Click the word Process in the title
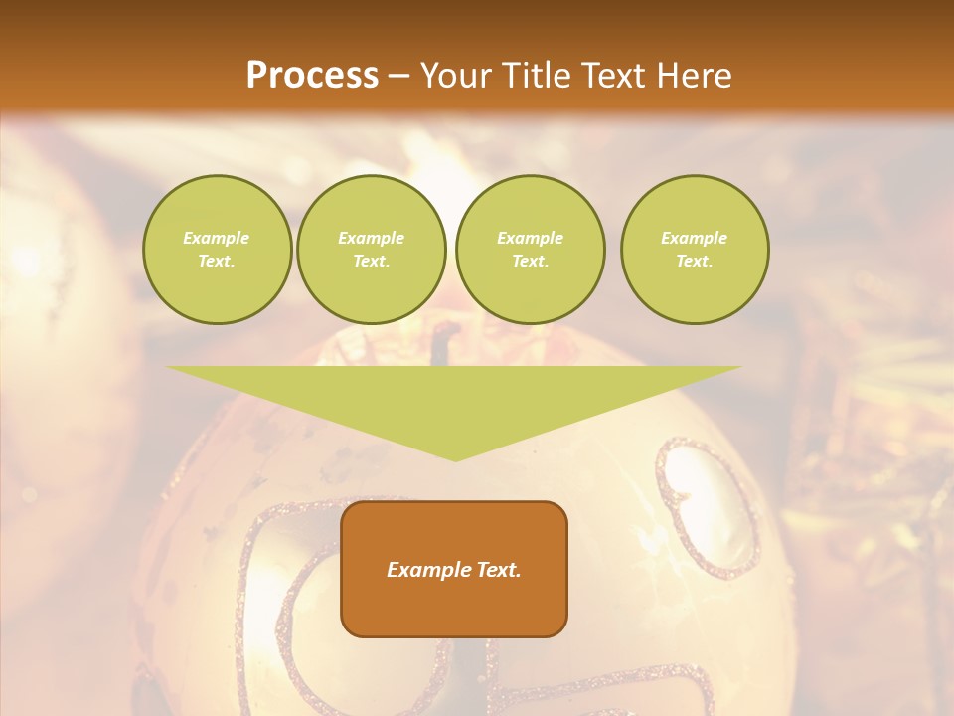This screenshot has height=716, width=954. pyautogui.click(x=312, y=76)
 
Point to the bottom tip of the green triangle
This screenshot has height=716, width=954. pyautogui.click(x=455, y=459)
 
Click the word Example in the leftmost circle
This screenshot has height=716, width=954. pyautogui.click(x=217, y=239)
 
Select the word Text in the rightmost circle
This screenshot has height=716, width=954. pyautogui.click(x=694, y=262)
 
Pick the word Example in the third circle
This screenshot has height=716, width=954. pyautogui.click(x=530, y=239)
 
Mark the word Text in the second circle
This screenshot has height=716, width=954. pyautogui.click(x=371, y=262)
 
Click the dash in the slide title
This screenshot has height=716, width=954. pyautogui.click(x=399, y=76)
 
